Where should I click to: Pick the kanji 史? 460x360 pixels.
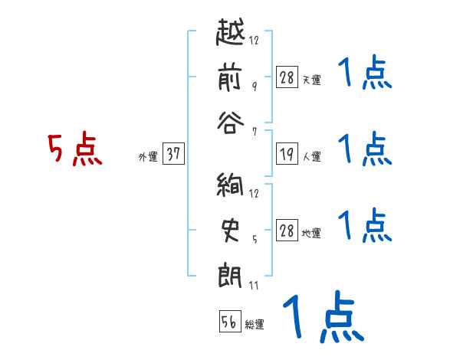tap(231, 231)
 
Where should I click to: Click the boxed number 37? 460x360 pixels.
tap(172, 155)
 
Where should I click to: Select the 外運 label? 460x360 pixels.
tap(147, 157)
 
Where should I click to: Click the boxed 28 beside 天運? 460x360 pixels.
tap(287, 77)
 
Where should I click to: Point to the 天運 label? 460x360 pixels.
tap(311, 80)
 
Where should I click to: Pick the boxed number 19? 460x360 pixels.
tap(287, 155)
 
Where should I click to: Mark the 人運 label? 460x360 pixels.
tap(311, 157)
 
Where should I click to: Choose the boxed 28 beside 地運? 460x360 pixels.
tap(287, 231)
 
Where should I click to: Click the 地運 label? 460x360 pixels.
tap(311, 234)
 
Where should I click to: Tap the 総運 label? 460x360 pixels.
tap(254, 324)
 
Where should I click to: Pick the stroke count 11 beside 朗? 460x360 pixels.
tap(255, 286)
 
